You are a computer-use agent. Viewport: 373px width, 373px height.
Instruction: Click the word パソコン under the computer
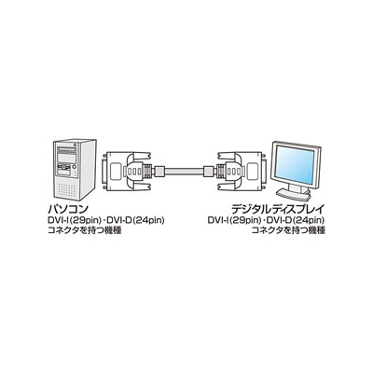coord(68,209)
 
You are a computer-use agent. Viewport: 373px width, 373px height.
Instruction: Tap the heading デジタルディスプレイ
coord(279,209)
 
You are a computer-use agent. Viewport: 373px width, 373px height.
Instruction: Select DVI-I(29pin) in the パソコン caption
coord(75,221)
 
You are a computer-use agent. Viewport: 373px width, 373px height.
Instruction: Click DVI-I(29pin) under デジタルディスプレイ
coord(234,221)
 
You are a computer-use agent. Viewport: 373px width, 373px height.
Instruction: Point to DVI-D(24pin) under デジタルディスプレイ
coord(297,221)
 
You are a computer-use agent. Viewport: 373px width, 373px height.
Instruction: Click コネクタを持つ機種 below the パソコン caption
coord(84,231)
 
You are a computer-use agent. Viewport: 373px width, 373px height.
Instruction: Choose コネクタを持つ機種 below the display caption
coord(288,231)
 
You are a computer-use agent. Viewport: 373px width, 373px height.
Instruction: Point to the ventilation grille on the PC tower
coord(66,188)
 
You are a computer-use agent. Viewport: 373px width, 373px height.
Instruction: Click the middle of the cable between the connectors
coord(184,171)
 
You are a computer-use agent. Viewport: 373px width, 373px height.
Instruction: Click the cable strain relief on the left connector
coord(159,171)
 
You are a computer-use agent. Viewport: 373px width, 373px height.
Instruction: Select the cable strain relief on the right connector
coord(209,171)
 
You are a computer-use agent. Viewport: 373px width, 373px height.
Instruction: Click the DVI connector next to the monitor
coord(241,171)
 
